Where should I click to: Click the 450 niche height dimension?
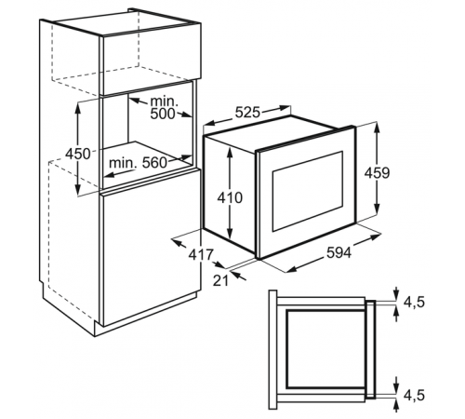pyautogui.click(x=78, y=154)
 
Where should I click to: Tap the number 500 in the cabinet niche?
pyautogui.click(x=163, y=114)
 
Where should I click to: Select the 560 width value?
pyautogui.click(x=154, y=162)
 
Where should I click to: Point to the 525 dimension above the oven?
pyautogui.click(x=247, y=113)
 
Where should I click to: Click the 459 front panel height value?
pyautogui.click(x=377, y=173)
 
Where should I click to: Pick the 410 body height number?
pyautogui.click(x=230, y=197)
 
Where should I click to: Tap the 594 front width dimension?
pyautogui.click(x=339, y=252)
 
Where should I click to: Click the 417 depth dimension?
pyautogui.click(x=202, y=255)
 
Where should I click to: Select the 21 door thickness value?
pyautogui.click(x=220, y=280)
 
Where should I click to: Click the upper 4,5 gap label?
pyautogui.click(x=414, y=302)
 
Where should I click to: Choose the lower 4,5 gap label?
pyautogui.click(x=414, y=396)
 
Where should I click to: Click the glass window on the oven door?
pyautogui.click(x=308, y=191)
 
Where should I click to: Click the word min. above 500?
pyautogui.click(x=165, y=101)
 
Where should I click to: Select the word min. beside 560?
pyautogui.click(x=123, y=163)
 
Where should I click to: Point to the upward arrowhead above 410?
pyautogui.click(x=230, y=152)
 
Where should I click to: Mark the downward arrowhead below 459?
pyautogui.click(x=377, y=209)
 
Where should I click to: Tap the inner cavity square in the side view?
pyautogui.click(x=326, y=349)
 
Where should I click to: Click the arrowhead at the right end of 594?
pyautogui.click(x=376, y=237)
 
